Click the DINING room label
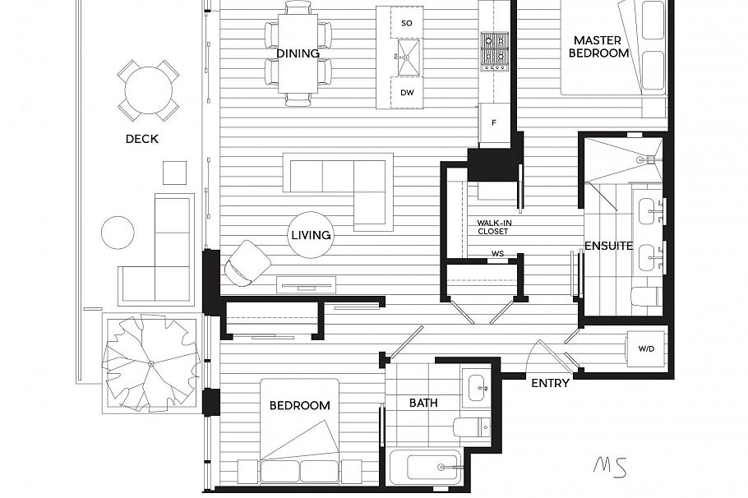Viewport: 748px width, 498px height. [298, 53]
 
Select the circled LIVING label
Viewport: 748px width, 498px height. [311, 235]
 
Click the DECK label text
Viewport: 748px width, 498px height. [141, 139]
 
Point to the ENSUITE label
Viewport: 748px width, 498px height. [608, 246]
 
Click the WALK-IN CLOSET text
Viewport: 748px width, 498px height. [492, 227]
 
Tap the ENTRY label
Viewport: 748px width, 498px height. [550, 383]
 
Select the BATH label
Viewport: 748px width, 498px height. [423, 403]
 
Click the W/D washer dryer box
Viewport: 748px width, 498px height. [646, 349]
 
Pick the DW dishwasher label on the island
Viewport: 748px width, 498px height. [406, 93]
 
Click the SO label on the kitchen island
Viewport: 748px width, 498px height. [406, 23]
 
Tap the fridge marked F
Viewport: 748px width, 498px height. [494, 124]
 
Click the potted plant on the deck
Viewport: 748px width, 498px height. [150, 362]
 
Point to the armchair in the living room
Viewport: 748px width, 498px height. [246, 264]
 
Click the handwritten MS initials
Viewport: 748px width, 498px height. [609, 465]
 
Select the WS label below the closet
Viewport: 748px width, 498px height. [497, 254]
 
